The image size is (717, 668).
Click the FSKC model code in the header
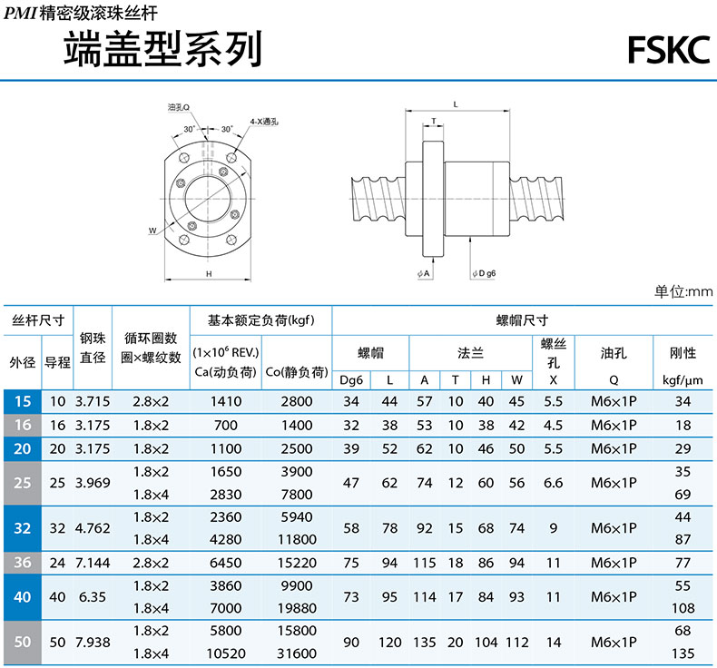tap(669, 50)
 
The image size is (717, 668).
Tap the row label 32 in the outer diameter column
tap(23, 528)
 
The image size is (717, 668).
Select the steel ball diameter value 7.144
tap(93, 563)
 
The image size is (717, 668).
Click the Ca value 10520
tap(226, 653)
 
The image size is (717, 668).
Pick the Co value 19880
tap(297, 608)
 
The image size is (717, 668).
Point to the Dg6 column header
tap(351, 380)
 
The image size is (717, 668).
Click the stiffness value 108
tap(683, 608)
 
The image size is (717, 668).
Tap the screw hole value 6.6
tap(553, 483)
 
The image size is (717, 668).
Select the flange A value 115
tap(425, 563)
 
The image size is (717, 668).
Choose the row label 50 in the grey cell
tap(23, 642)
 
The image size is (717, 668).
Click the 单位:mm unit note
tap(683, 291)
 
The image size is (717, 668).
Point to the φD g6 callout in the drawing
tap(485, 273)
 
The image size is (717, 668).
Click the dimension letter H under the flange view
tap(209, 274)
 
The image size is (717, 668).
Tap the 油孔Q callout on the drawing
tap(178, 107)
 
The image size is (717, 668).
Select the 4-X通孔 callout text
tap(264, 122)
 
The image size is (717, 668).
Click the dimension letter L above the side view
tap(456, 104)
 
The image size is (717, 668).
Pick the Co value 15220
tap(297, 563)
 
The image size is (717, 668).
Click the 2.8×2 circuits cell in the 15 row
tap(151, 401)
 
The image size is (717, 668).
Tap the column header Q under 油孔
tap(614, 380)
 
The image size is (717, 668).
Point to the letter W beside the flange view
tap(152, 231)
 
